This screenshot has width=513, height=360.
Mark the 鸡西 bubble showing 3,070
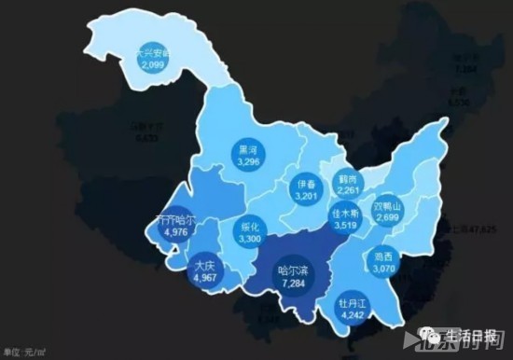tap(383, 260)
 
